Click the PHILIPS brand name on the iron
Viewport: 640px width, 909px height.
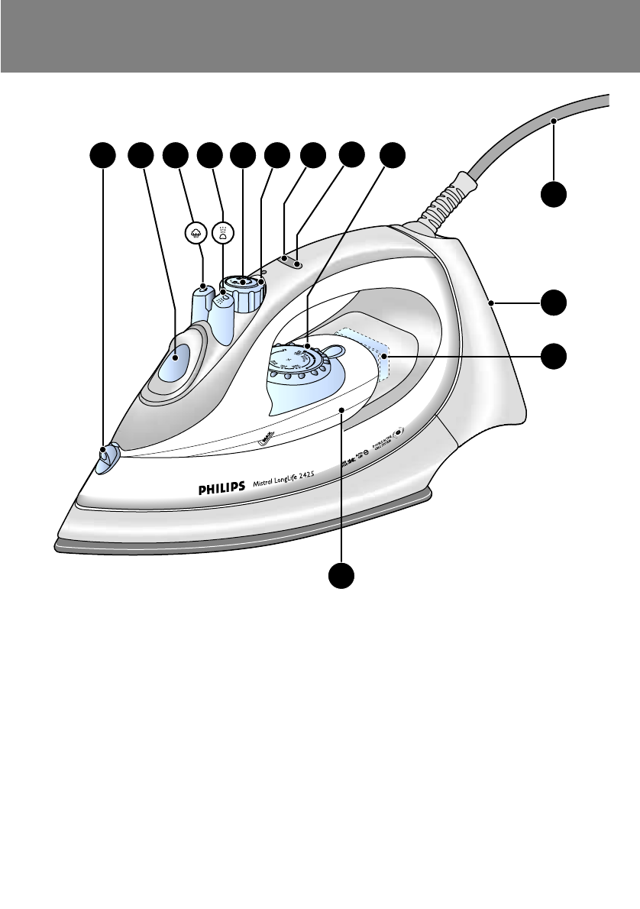[x=215, y=487]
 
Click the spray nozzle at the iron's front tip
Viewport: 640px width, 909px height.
[x=104, y=454]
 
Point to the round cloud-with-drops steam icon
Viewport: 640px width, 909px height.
[x=197, y=232]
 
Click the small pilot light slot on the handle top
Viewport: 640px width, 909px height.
[x=291, y=263]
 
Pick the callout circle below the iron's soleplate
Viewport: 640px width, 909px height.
[x=341, y=576]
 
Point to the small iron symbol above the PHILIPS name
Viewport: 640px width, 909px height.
[x=264, y=438]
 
